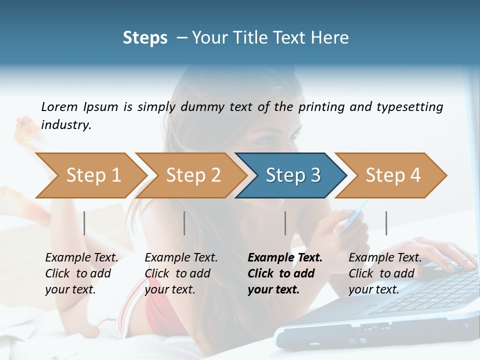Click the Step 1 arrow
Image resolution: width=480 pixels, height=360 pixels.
(x=90, y=175)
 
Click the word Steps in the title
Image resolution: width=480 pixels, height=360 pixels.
(x=145, y=37)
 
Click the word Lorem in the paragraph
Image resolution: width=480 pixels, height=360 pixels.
(x=59, y=106)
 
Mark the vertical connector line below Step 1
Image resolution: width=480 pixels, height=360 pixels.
(x=84, y=223)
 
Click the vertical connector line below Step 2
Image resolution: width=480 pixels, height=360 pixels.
(x=184, y=223)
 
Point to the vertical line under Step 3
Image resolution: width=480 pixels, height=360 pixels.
(x=285, y=223)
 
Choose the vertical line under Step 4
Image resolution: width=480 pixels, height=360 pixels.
(x=386, y=223)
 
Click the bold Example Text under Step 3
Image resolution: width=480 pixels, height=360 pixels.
(x=285, y=257)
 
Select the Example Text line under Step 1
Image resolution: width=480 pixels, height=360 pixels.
(x=81, y=257)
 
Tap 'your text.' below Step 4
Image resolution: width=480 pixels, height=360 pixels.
(x=373, y=289)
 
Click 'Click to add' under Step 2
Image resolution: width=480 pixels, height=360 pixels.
(x=177, y=273)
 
